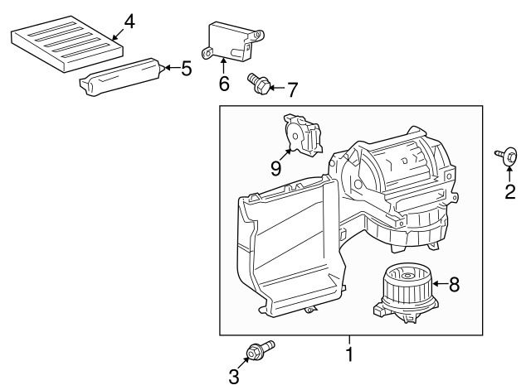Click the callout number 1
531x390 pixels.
(x=349, y=355)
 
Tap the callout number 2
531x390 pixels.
(x=510, y=192)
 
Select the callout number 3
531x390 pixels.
(x=234, y=378)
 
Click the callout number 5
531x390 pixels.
(x=186, y=68)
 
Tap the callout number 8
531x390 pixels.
(x=454, y=284)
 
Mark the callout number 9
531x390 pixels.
(x=275, y=168)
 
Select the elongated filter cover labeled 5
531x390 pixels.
(x=120, y=77)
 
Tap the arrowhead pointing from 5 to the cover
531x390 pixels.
(x=163, y=68)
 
